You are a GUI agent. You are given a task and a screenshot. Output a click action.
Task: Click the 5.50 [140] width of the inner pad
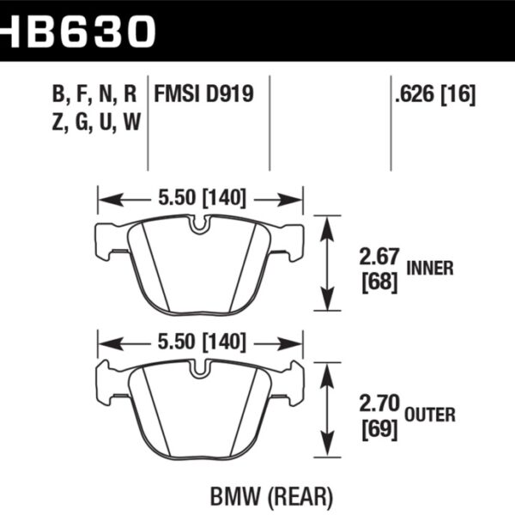click(201, 198)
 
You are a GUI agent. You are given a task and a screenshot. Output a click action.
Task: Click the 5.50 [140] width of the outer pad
click(201, 343)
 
